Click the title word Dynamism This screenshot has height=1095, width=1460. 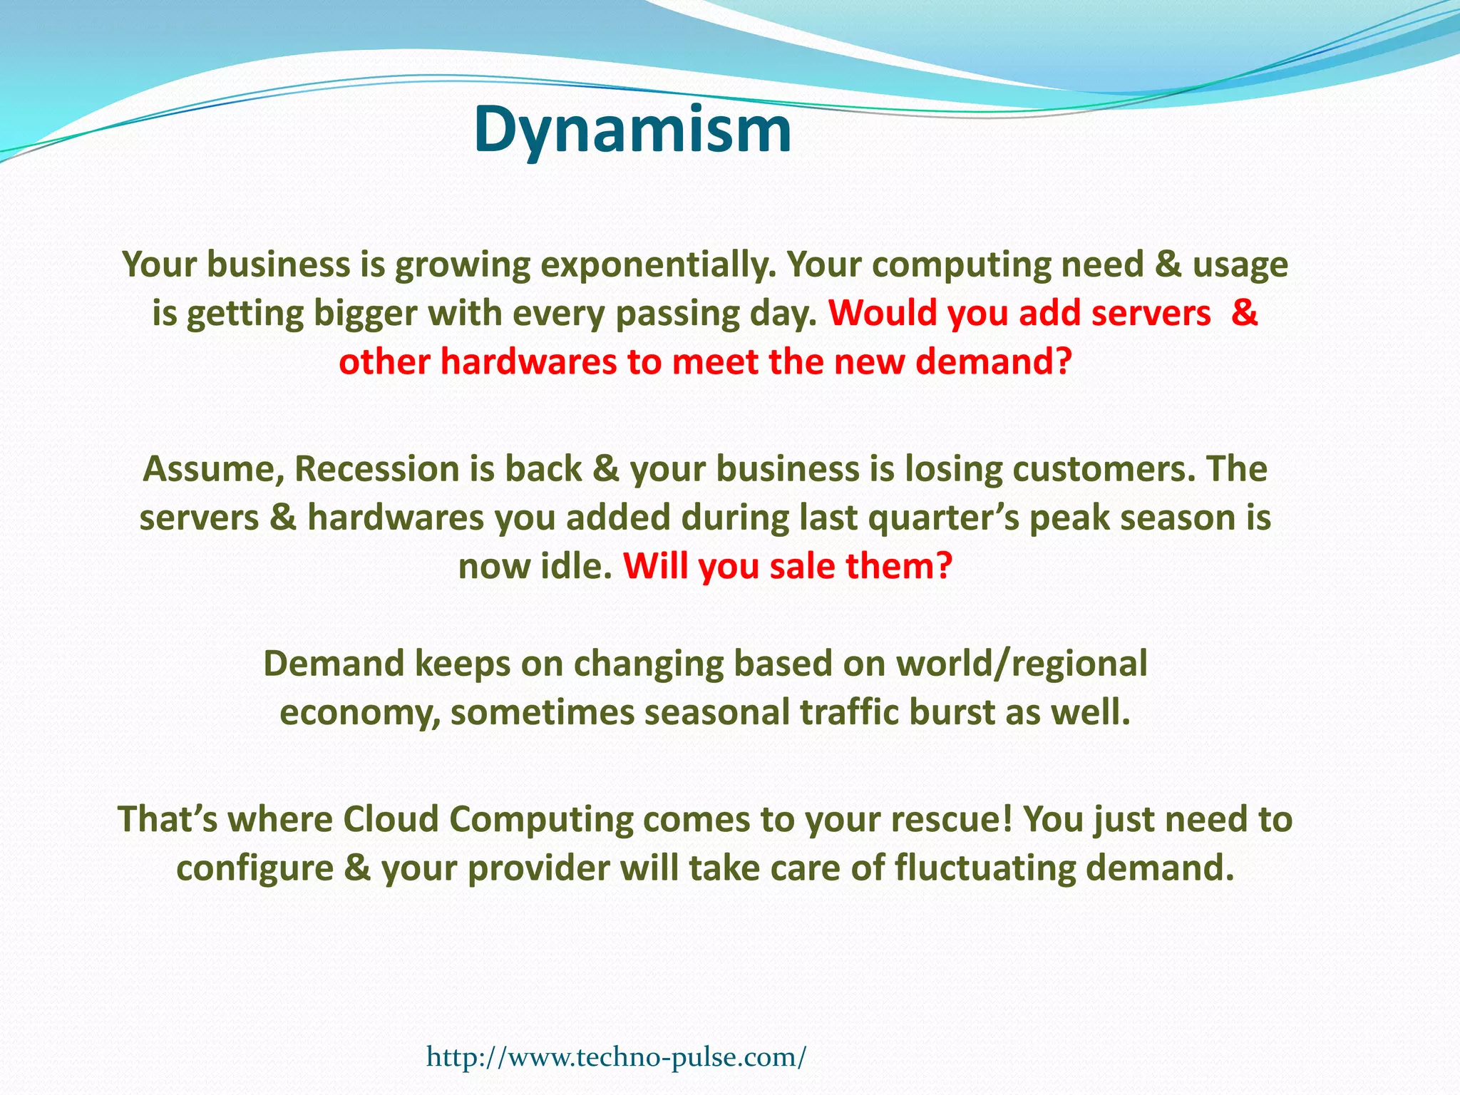pyautogui.click(x=632, y=130)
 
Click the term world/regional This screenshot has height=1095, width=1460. pyautogui.click(x=1021, y=664)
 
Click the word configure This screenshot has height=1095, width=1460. pyautogui.click(x=255, y=868)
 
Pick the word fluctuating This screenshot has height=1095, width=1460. pyautogui.click(x=985, y=868)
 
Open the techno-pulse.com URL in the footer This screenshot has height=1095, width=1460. pyautogui.click(x=616, y=1057)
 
